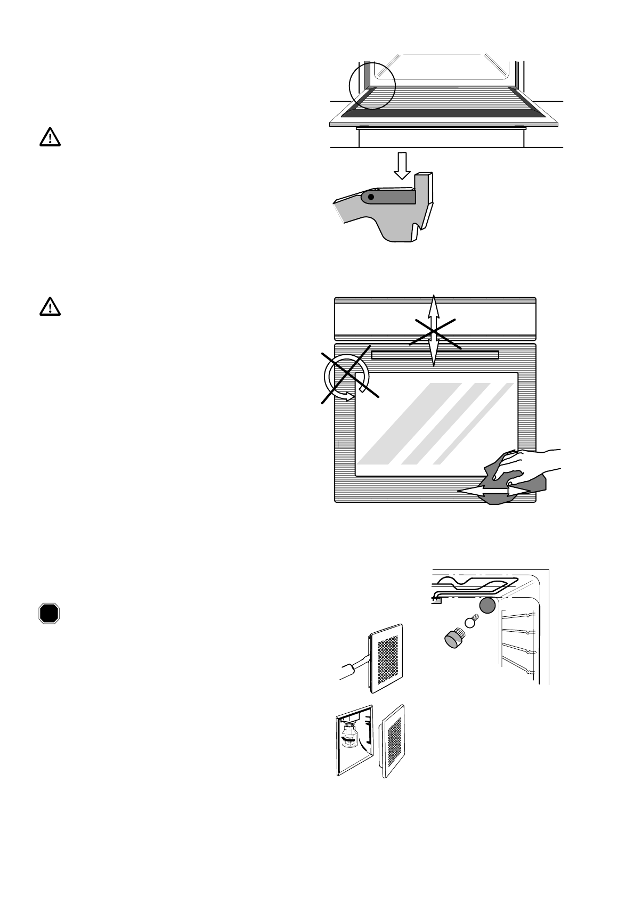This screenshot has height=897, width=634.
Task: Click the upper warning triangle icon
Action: click(50, 138)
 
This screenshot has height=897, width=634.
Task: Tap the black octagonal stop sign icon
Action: click(48, 613)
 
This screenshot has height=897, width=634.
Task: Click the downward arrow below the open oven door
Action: click(402, 166)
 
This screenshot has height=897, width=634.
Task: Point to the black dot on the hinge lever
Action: click(371, 198)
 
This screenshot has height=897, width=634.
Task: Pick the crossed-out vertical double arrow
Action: click(434, 330)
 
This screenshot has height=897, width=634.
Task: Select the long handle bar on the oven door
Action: click(435, 355)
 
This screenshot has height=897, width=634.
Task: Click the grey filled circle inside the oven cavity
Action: click(487, 605)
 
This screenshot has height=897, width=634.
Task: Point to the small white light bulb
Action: click(470, 621)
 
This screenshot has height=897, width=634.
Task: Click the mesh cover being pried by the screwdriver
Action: click(388, 658)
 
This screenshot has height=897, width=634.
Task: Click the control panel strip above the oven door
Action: click(434, 318)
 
